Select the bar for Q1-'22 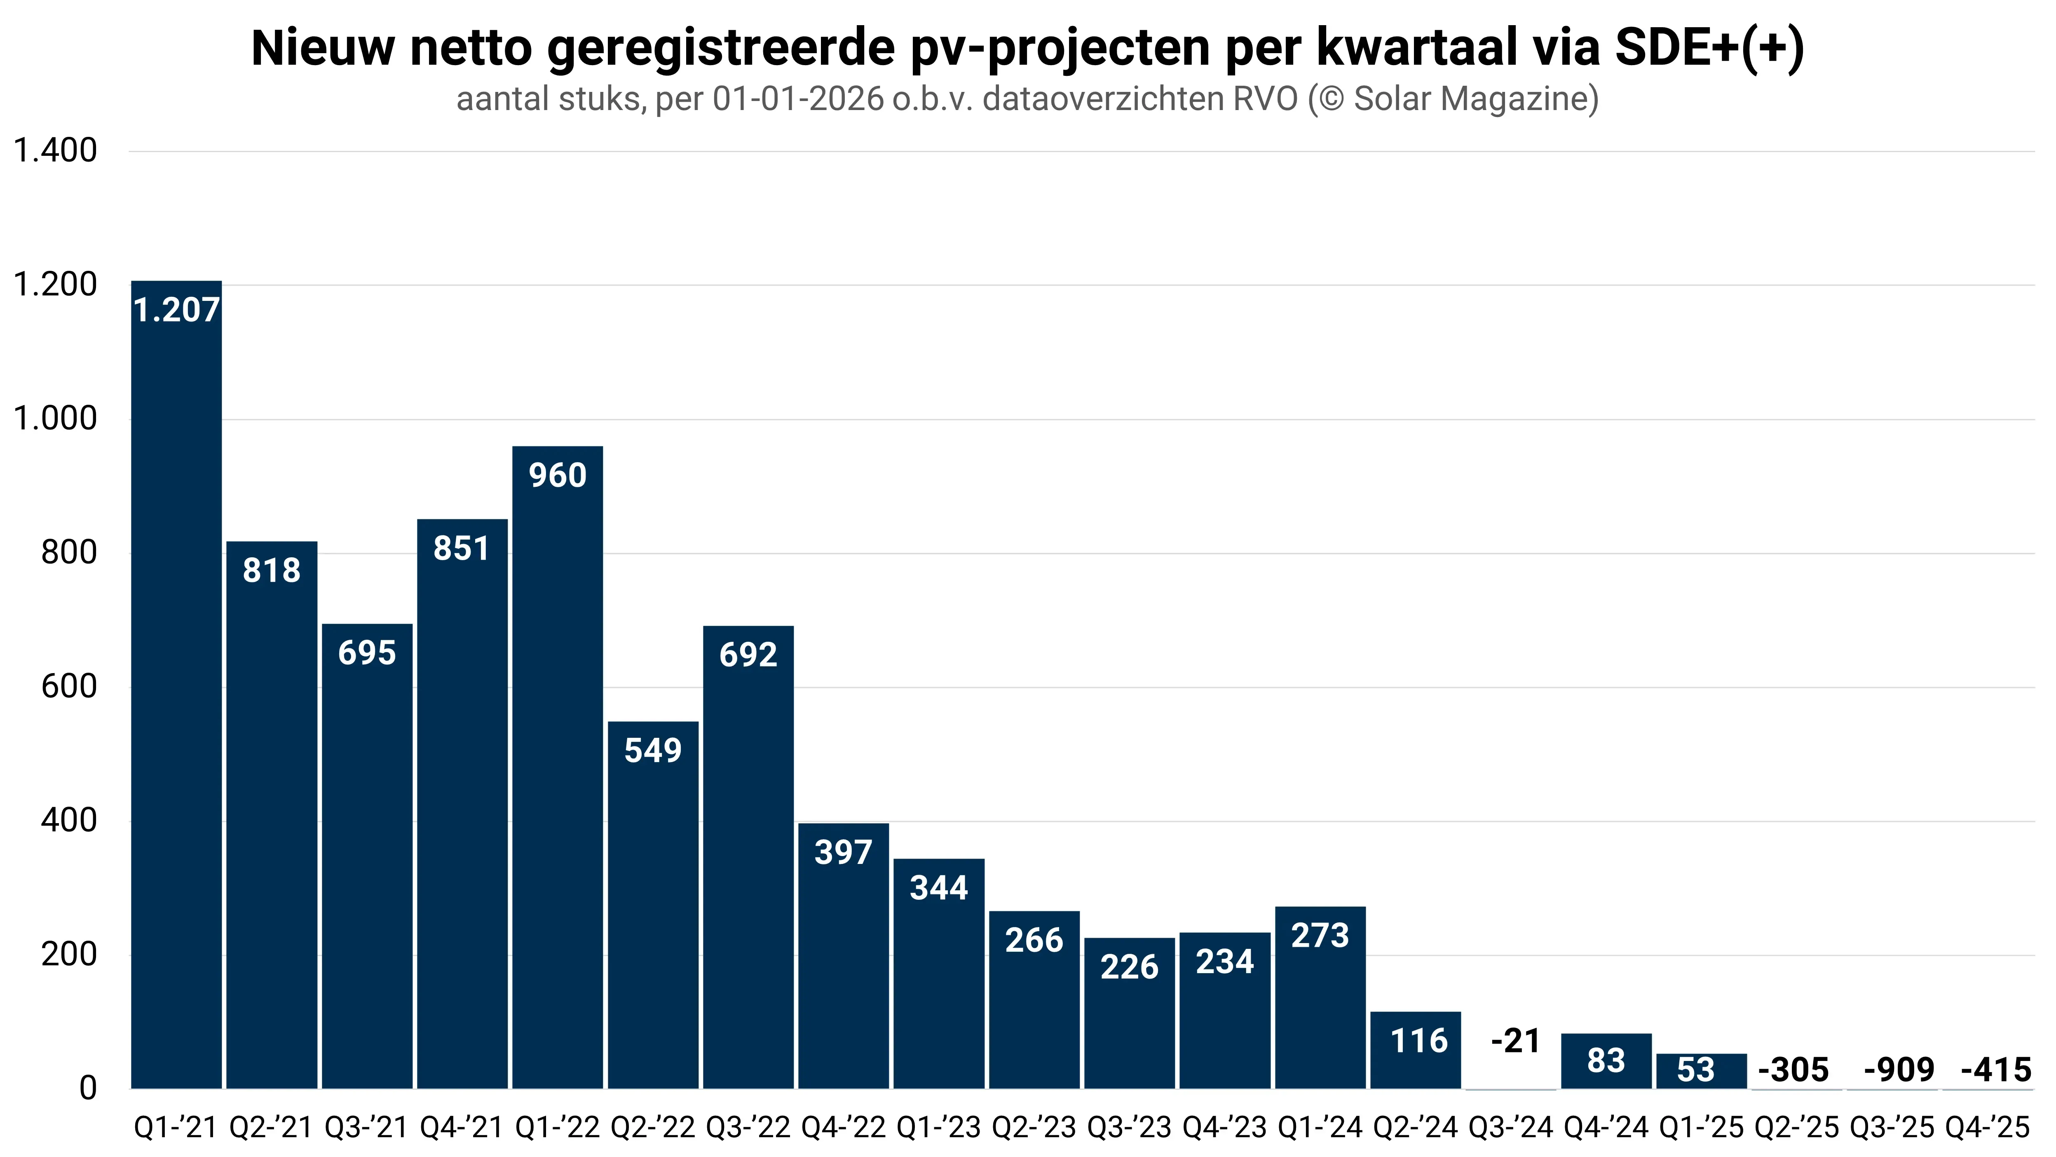(x=557, y=767)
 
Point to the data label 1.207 (x=176, y=310)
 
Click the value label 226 (x=1129, y=967)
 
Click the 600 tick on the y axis (x=69, y=686)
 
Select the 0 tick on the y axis (x=88, y=1087)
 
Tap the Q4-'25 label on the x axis (x=1987, y=1127)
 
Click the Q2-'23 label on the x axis (x=1034, y=1127)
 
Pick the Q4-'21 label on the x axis (x=461, y=1127)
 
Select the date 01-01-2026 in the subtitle (x=798, y=99)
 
